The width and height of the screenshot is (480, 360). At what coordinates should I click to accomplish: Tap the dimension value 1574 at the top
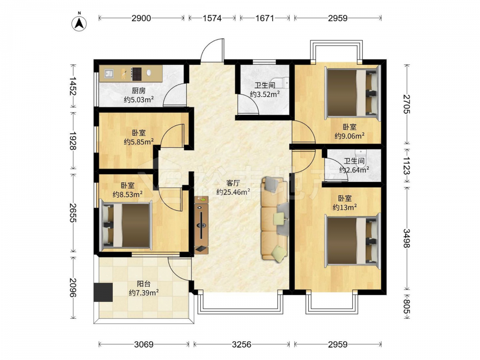[212, 18]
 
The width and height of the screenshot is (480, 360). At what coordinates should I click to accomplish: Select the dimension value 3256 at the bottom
[241, 345]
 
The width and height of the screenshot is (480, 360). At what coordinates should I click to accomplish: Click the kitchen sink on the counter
[108, 73]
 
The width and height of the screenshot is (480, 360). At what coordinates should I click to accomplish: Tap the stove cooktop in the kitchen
[136, 74]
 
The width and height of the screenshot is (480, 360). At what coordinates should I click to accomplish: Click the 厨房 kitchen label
[139, 91]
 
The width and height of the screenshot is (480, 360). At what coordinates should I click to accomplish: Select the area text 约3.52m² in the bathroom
[265, 94]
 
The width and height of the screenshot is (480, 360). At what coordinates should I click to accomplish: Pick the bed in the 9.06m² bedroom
[351, 93]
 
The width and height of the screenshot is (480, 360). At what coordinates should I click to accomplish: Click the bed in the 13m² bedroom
[351, 240]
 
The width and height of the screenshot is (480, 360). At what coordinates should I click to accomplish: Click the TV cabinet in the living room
[202, 225]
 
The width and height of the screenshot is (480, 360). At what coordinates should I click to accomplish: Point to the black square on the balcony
[103, 292]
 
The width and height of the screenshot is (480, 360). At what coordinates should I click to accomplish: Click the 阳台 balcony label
[144, 284]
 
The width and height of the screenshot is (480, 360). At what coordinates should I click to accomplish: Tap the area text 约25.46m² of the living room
[233, 192]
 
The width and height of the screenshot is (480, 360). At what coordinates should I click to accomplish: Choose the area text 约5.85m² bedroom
[139, 142]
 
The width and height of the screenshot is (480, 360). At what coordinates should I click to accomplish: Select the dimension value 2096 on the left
[72, 288]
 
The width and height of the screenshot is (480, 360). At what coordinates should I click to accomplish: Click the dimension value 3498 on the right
[406, 238]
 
